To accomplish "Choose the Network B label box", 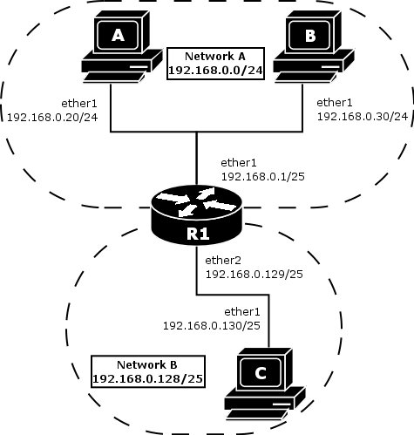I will pos(146,370).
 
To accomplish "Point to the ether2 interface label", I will pos(222,260).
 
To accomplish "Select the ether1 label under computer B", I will pos(334,101).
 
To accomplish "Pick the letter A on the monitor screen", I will pos(117,35).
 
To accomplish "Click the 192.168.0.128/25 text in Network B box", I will pos(146,377).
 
